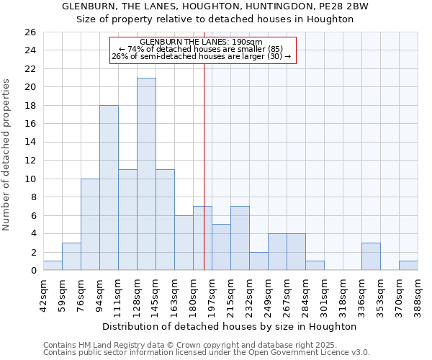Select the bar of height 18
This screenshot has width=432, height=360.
click(109, 188)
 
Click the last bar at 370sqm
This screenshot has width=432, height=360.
click(408, 266)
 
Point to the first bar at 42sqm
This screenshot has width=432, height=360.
click(53, 266)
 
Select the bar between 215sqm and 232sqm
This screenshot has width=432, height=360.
click(240, 238)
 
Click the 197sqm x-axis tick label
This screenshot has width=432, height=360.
click(212, 294)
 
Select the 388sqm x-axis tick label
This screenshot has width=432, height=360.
click(418, 294)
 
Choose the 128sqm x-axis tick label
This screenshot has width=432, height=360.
click(137, 294)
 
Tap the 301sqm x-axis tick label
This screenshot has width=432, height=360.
click(324, 294)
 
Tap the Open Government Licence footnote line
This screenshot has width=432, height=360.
click(207, 352)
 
